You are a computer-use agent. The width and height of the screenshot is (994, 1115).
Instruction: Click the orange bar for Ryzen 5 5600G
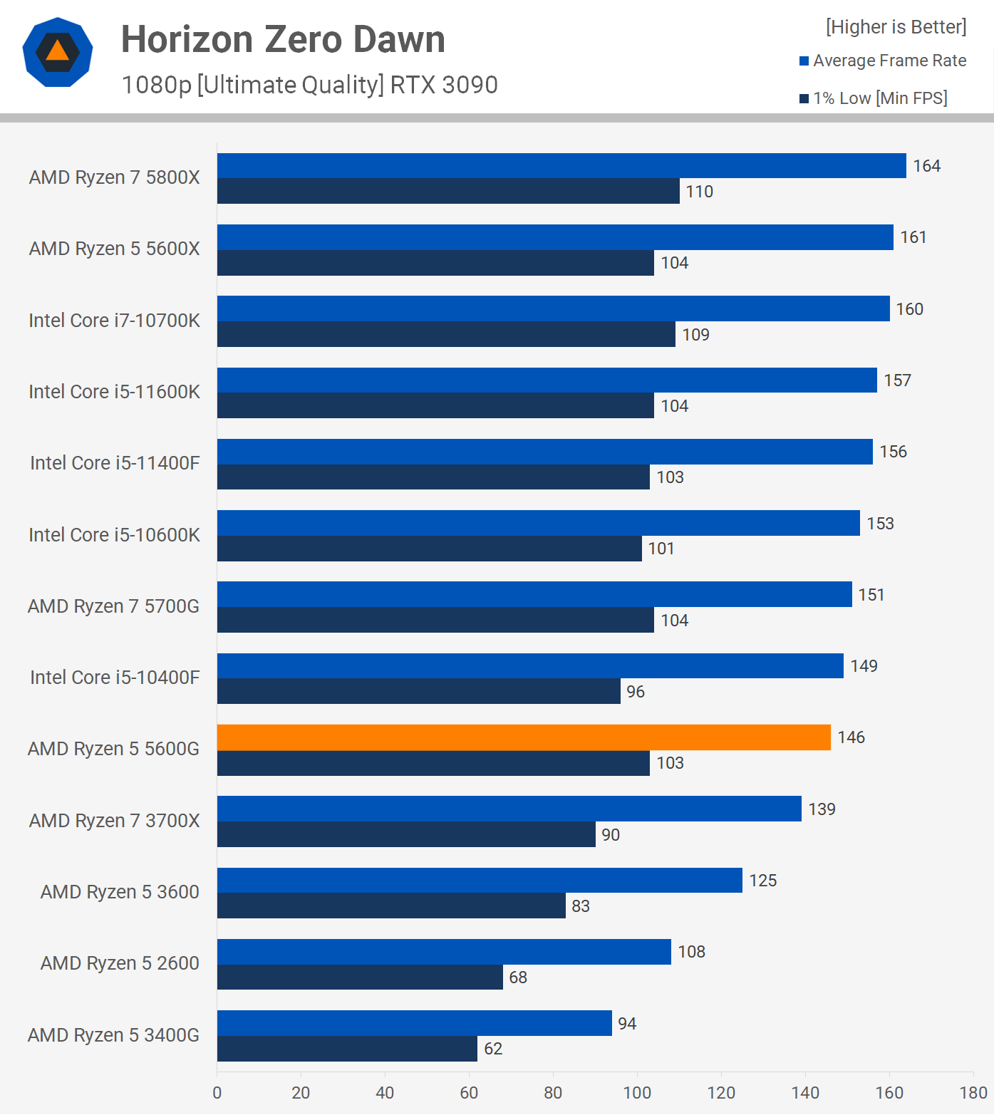[x=524, y=737]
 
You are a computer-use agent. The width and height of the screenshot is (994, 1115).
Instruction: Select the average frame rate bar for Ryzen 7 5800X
[x=561, y=166]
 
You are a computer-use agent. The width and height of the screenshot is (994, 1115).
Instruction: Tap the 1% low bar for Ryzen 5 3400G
[x=347, y=1049]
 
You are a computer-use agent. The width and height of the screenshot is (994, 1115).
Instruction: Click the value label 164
[x=926, y=166]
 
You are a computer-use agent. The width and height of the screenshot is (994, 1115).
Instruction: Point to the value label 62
[x=493, y=1049]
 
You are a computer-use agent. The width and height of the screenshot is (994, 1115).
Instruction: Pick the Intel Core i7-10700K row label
[x=114, y=321]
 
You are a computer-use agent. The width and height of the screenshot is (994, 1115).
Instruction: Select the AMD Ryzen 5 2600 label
[x=120, y=963]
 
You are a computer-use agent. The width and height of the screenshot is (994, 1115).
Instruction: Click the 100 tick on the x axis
[x=637, y=1093]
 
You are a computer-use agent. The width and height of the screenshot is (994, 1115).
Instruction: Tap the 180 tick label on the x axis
[x=973, y=1093]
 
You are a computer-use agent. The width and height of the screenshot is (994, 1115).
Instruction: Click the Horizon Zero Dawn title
[x=283, y=39]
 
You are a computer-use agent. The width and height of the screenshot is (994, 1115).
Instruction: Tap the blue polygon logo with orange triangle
[x=58, y=52]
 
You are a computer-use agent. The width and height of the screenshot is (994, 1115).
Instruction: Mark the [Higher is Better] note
[x=896, y=27]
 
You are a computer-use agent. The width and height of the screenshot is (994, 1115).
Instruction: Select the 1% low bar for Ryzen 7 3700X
[x=406, y=834]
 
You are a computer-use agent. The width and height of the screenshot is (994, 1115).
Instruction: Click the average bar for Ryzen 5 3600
[x=480, y=881]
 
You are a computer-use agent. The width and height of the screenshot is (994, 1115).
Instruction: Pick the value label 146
[x=851, y=737]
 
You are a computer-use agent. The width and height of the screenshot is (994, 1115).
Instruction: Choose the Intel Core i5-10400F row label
[x=115, y=678]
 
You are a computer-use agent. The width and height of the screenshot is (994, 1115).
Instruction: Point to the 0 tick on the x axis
[x=217, y=1093]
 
